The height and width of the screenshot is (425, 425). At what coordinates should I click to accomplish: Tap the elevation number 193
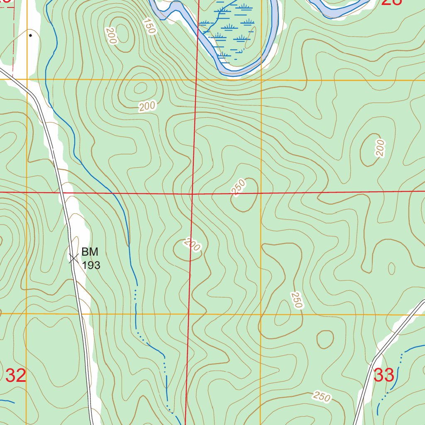pos(91,265)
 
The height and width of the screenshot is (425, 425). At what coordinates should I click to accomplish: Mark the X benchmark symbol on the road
pos(73,259)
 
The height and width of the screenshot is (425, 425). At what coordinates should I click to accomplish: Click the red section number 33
pos(384,375)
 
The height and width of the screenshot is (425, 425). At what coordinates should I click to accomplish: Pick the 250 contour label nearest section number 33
pos(322,396)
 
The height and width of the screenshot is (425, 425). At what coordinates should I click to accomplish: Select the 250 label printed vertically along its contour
pos(296,300)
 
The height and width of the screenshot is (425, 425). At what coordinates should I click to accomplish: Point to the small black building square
pos(30,35)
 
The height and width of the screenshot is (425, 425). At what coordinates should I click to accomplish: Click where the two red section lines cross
pos(193,193)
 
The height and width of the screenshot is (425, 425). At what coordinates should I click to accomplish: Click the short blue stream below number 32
pos(7,401)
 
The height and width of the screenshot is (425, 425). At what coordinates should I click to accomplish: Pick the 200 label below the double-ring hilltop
pos(147,107)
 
